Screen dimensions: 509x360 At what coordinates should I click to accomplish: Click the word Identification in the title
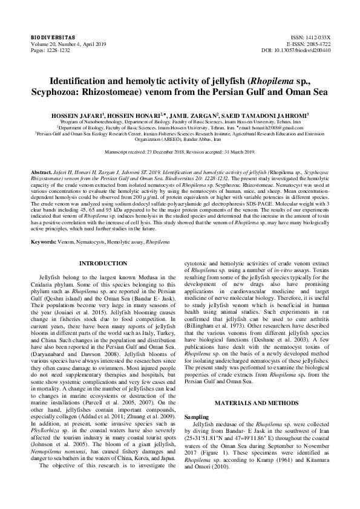[x=80, y=81]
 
